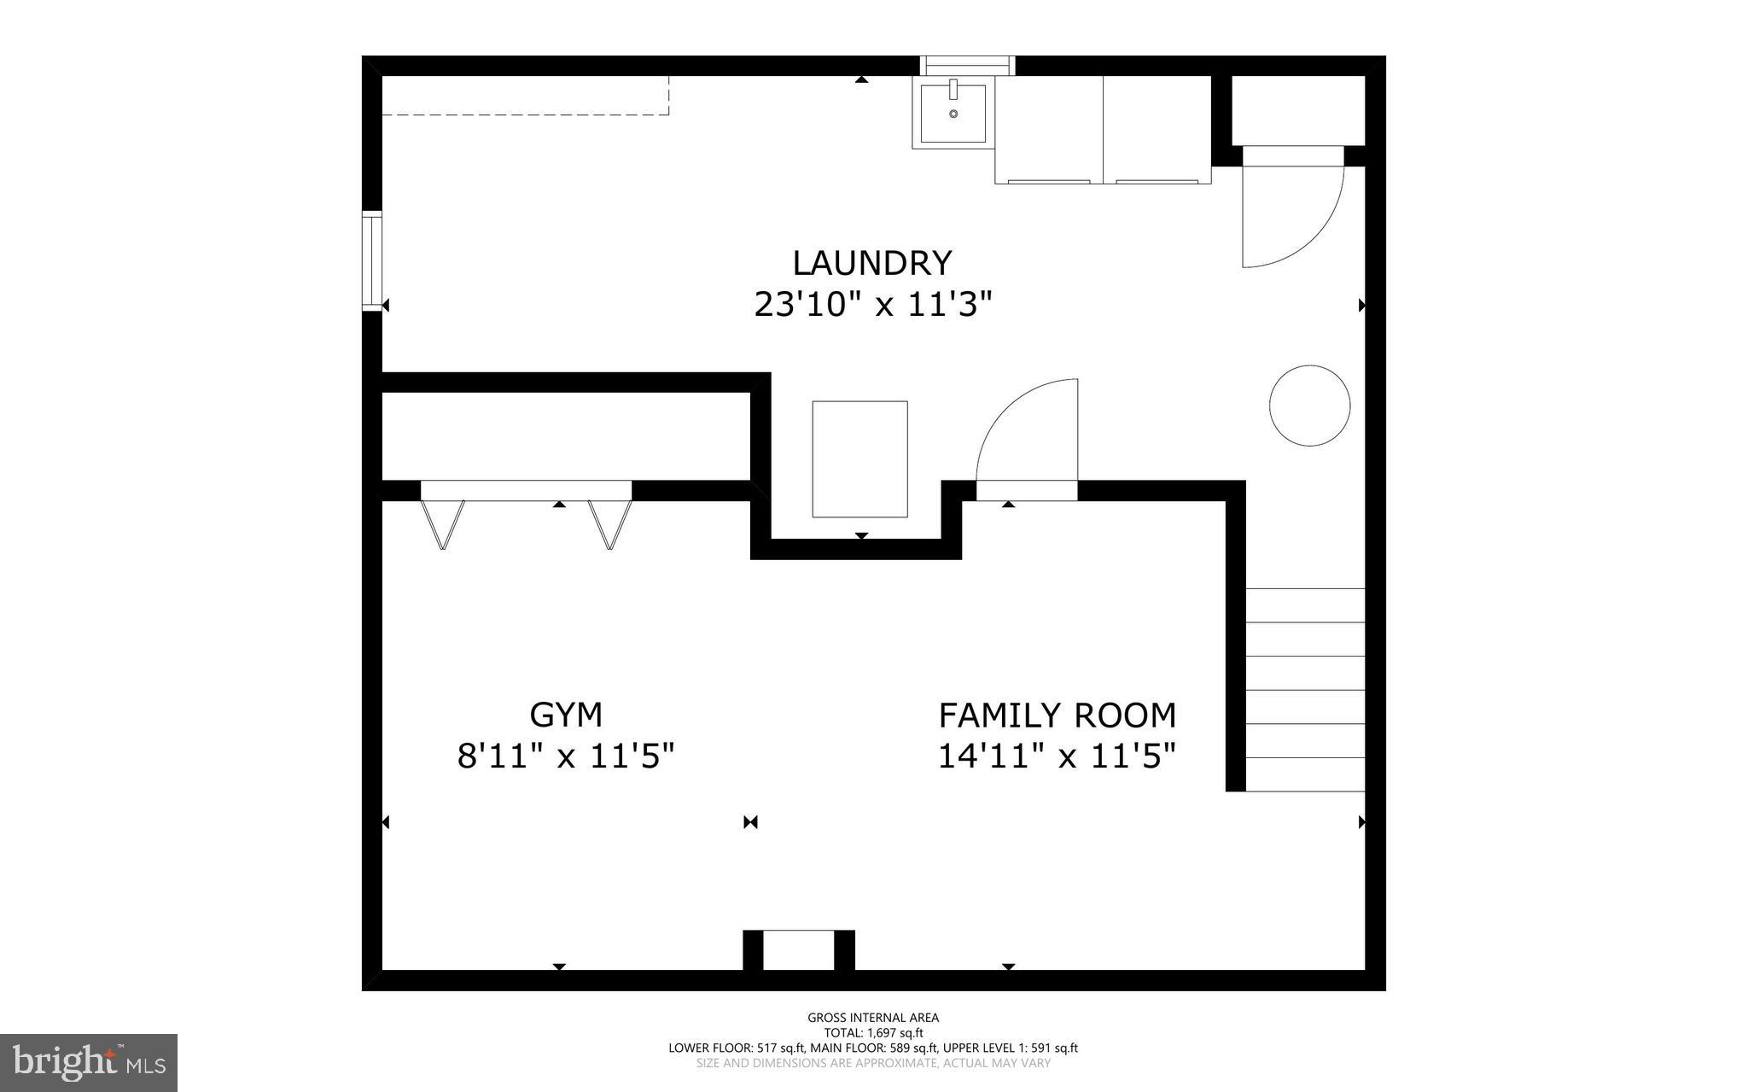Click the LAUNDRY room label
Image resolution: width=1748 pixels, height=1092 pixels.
coord(871,263)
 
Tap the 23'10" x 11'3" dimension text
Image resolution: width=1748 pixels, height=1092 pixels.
coord(873,305)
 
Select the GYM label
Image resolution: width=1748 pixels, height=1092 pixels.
coord(566,715)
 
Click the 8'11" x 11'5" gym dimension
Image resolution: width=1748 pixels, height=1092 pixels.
coord(566,756)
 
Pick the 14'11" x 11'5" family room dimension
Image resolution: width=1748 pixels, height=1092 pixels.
coord(1057,756)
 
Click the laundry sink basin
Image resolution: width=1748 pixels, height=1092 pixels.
coord(953,112)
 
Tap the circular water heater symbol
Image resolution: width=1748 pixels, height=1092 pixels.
coord(1309,406)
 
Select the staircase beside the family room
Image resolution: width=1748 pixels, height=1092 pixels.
coord(1305,690)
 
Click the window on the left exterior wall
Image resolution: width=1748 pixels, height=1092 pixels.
coord(371,260)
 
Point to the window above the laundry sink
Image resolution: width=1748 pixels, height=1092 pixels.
coord(967,66)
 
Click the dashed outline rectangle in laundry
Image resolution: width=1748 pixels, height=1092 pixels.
coord(525,96)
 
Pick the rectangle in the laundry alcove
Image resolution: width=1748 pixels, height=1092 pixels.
coord(859,459)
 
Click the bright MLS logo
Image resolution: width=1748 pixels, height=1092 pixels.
coord(89,1062)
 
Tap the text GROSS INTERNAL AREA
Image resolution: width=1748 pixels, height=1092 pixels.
coord(873,1018)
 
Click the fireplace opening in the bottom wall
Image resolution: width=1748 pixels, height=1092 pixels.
coord(798,950)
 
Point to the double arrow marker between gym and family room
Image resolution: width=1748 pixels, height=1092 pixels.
coord(750,822)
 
